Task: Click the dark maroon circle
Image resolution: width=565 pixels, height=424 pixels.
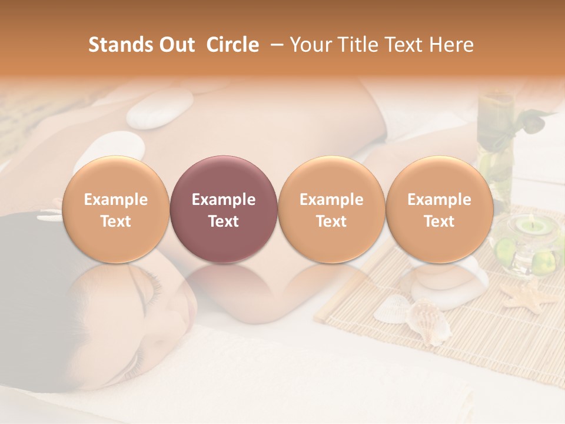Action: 224,209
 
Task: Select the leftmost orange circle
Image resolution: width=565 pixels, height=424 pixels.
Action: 116,209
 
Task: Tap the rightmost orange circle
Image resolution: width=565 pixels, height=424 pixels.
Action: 439,209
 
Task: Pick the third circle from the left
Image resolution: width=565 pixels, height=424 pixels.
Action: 331,209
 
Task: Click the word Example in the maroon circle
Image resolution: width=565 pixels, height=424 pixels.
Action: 224,200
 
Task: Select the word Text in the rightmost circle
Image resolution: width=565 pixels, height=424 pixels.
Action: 439,221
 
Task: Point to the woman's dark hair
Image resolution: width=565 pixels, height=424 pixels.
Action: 35,247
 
